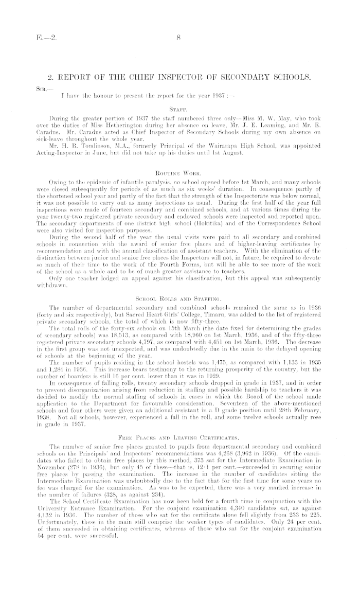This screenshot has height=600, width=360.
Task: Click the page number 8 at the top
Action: point(179,37)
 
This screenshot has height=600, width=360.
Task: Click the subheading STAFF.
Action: point(179,109)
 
